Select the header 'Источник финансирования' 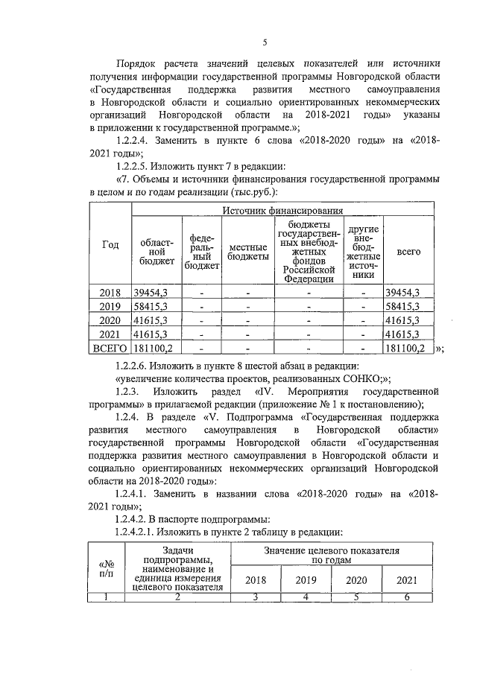[279, 211]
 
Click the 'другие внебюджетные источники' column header [364, 251]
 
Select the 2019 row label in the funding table [110, 306]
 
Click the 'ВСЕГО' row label [110, 348]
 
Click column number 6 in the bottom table [407, 596]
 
